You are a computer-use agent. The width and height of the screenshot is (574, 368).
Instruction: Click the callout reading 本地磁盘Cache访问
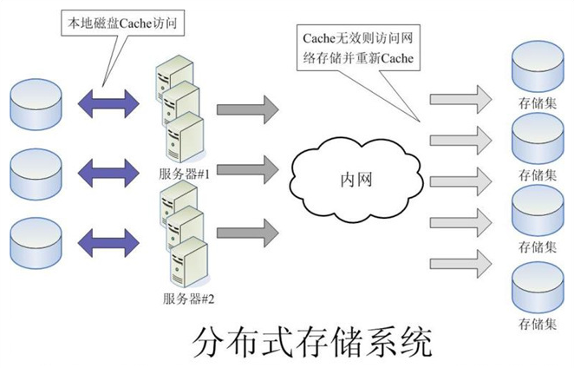122,23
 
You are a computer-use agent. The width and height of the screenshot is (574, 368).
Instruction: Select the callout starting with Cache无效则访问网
358,48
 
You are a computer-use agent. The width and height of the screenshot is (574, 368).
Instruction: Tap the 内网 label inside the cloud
356,180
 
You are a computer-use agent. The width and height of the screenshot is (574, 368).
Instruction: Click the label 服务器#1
184,174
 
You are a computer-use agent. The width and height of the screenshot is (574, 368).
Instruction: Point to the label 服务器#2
188,299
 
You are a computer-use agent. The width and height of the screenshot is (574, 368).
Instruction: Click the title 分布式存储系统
312,343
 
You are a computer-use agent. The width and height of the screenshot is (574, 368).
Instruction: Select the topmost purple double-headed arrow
108,103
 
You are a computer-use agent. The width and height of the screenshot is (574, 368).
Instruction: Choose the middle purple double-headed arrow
108,173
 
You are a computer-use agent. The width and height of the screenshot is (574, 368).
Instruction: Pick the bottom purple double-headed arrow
108,242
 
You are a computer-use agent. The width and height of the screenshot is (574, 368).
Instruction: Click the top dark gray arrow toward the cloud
248,109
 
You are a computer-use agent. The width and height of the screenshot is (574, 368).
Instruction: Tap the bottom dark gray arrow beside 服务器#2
248,233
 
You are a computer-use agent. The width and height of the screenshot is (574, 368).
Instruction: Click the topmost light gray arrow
460,99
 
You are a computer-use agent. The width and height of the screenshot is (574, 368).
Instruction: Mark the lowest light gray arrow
460,264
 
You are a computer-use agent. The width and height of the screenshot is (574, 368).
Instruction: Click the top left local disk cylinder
36,104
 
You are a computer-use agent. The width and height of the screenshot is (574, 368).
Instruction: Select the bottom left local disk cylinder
36,243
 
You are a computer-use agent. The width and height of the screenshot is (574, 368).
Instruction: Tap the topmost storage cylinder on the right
538,66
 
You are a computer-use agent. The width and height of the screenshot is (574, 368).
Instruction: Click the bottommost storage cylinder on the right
538,287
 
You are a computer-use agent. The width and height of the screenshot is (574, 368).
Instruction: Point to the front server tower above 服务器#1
186,137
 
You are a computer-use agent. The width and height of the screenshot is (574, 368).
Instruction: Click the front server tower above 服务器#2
190,262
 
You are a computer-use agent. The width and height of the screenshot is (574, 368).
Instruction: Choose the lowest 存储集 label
538,324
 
